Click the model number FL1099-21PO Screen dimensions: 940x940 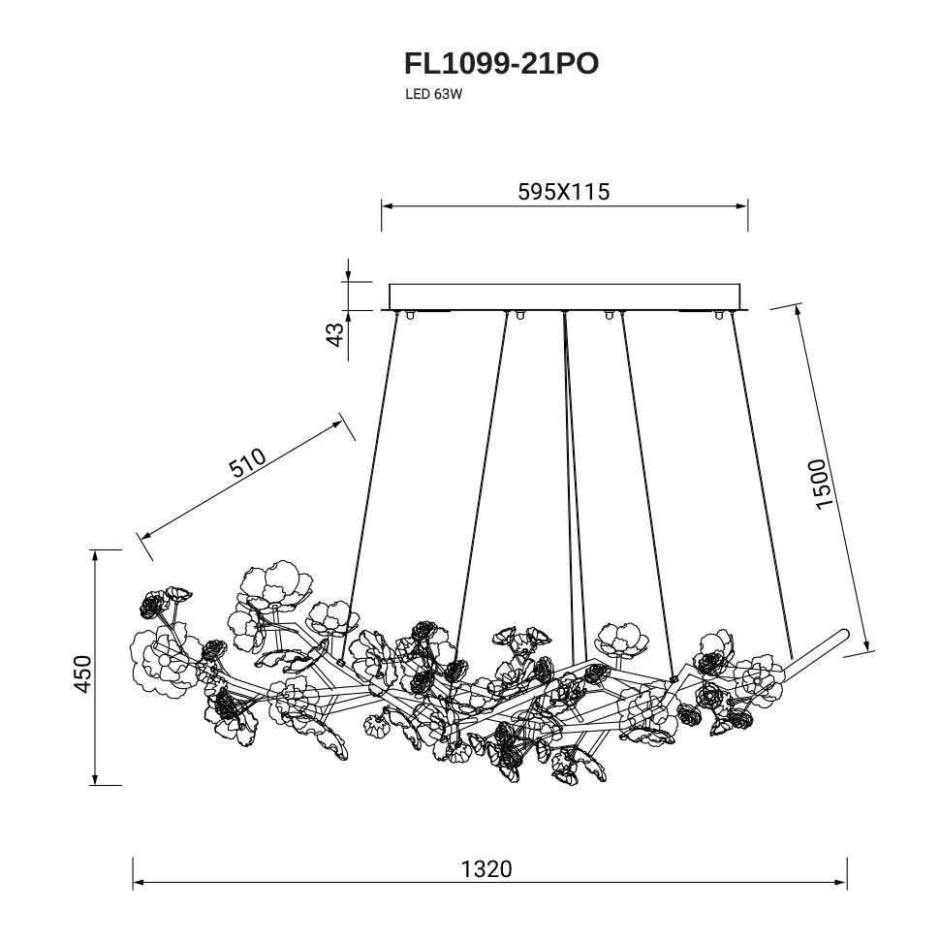501,64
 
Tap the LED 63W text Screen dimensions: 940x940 434,94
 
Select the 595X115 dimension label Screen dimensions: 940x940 564,191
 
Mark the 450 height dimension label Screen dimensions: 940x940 82,674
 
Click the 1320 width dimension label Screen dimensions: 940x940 486,868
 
